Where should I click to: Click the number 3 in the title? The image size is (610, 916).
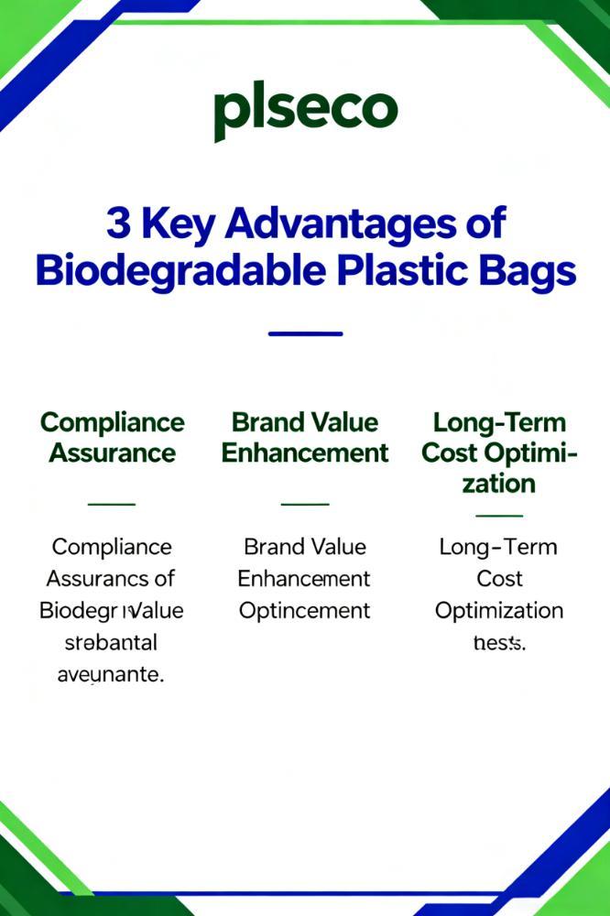click(x=118, y=224)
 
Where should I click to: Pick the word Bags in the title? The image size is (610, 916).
click(x=531, y=272)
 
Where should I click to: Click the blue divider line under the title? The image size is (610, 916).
click(x=305, y=333)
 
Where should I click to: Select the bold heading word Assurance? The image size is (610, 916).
click(x=113, y=453)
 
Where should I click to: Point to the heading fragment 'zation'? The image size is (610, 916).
click(x=499, y=483)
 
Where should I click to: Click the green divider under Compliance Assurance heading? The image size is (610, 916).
click(x=111, y=504)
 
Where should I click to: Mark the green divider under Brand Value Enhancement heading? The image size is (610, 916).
click(x=305, y=504)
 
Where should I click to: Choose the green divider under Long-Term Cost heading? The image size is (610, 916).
click(x=499, y=515)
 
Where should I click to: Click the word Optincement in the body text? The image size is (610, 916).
click(x=305, y=610)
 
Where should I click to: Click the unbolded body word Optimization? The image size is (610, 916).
click(x=499, y=610)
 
